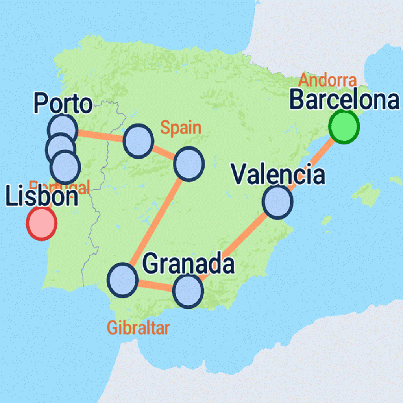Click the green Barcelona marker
[344, 127]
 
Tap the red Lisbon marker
[41, 223]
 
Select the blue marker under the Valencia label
[278, 202]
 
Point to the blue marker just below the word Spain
[189, 164]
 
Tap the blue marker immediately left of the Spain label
[138, 141]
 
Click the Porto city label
[63, 104]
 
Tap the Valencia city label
[278, 175]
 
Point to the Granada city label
[188, 264]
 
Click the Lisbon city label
[42, 197]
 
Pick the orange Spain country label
[181, 128]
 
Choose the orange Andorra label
[327, 80]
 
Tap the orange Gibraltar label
[138, 328]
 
